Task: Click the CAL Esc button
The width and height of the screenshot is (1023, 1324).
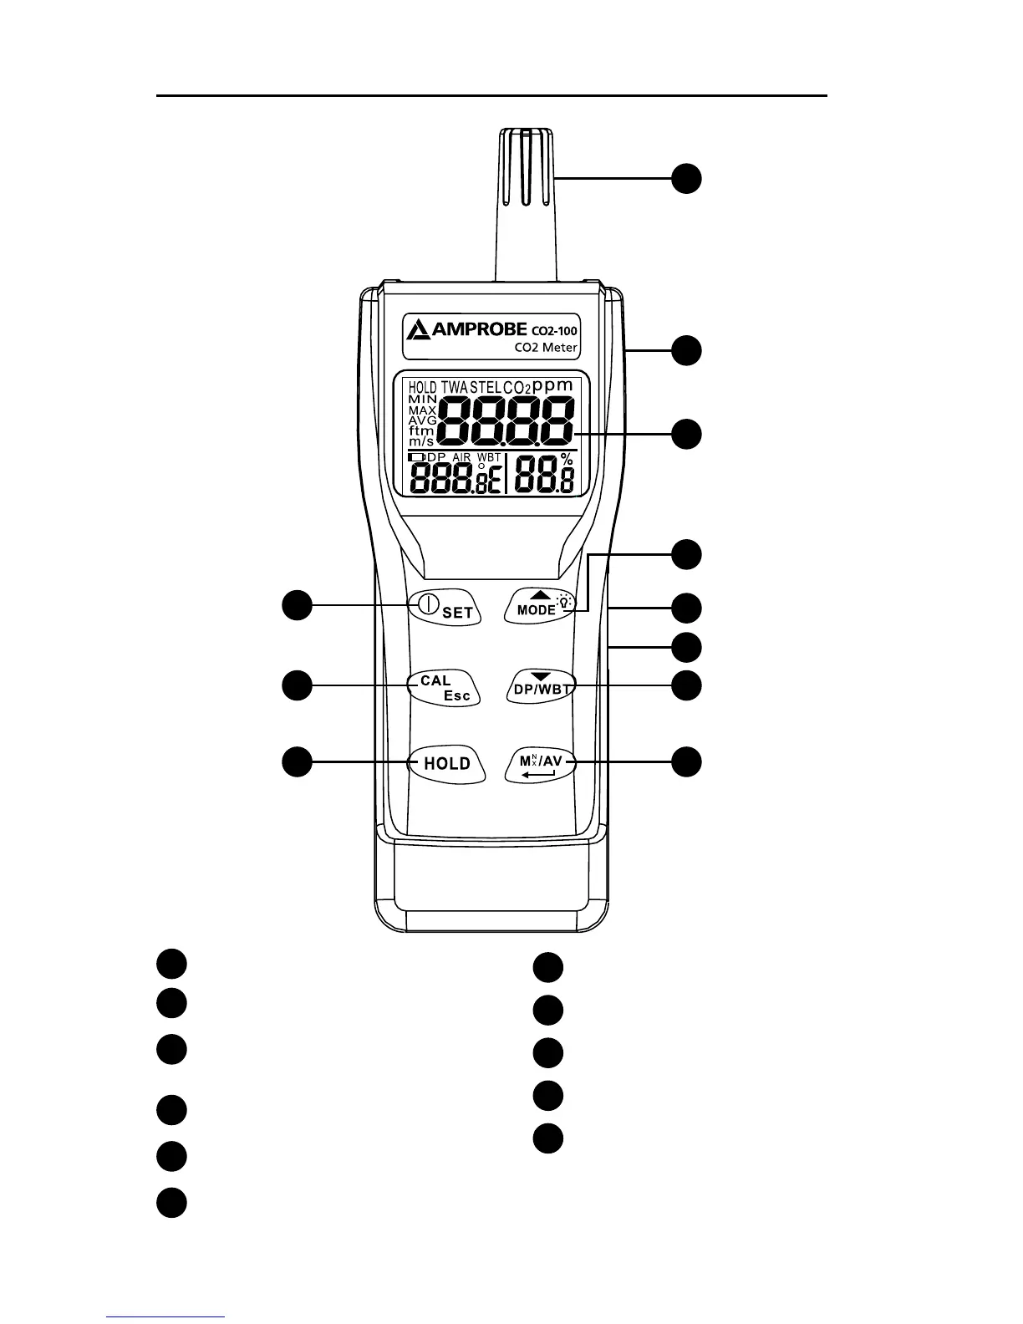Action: tap(444, 688)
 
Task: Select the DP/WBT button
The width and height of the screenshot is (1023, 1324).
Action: tap(542, 687)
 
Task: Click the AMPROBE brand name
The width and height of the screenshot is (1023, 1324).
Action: tap(479, 329)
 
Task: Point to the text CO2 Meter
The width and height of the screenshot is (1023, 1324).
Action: tap(546, 348)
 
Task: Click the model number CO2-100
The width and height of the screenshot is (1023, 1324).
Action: tap(554, 330)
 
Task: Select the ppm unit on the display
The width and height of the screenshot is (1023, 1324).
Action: tap(553, 385)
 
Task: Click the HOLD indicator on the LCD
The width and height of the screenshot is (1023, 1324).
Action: tap(423, 388)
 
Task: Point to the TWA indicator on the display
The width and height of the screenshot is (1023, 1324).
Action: tap(454, 388)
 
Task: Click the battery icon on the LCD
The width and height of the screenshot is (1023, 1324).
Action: tap(416, 457)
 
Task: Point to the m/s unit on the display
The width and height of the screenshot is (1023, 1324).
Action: tap(421, 440)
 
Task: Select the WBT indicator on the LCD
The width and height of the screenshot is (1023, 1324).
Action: tap(489, 458)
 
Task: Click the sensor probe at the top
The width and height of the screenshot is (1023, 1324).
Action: tap(526, 201)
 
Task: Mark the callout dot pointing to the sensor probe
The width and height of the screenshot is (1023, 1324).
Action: tap(687, 179)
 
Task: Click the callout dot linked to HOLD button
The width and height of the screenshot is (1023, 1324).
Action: tap(297, 762)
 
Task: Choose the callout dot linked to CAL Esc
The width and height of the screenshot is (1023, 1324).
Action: tap(297, 685)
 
